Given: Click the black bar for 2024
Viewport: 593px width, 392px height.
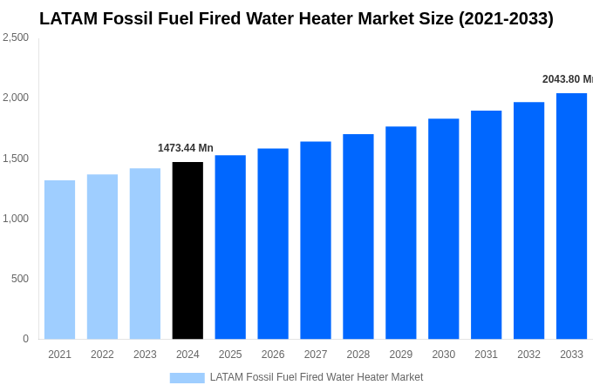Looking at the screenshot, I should pos(187,251).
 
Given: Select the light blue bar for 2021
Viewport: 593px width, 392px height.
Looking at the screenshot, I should pos(59,260).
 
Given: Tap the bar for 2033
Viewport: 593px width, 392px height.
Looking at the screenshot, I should pos(571,216).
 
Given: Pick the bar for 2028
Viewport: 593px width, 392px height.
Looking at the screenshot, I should pos(358,237).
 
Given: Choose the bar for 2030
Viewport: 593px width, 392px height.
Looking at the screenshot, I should pos(443,229).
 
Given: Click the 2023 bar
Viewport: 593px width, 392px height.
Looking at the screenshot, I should pos(145,253).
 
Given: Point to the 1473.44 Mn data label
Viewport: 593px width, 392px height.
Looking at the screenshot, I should pos(186,148).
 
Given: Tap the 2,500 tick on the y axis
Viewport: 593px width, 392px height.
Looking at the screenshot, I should pos(16,37).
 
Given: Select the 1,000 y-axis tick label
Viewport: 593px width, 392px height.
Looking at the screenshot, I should pos(16,219).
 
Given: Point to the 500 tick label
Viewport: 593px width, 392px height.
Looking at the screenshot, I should pos(19,279).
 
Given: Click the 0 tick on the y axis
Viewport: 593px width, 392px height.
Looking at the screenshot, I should pos(25,339).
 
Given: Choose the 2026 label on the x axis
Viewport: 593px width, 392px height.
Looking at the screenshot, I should pos(273,355).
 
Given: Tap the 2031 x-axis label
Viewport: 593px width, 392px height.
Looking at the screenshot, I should pos(486,355).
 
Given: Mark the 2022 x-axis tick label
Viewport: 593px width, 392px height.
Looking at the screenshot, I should pos(102,355).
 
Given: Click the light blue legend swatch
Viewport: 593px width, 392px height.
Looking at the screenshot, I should pos(187,378).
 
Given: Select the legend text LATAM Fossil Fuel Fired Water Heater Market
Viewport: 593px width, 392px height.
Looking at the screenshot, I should pos(317,377).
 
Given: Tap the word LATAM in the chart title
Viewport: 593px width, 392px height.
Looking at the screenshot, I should pos(68,18).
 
